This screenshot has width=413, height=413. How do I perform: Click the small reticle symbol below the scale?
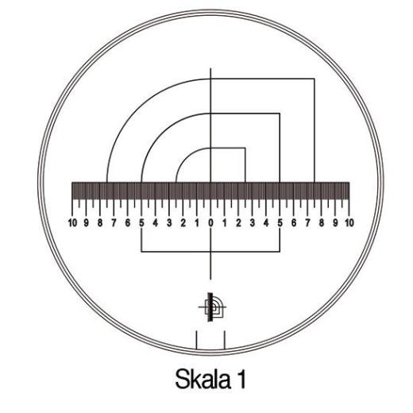click(x=210, y=306)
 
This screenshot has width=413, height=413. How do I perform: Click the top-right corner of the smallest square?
click(x=245, y=148)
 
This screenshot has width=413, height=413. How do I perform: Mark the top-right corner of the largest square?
click(x=314, y=79)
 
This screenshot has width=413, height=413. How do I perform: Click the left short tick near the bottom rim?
click(x=196, y=340)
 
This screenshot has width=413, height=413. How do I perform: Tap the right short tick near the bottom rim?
click(x=225, y=340)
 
